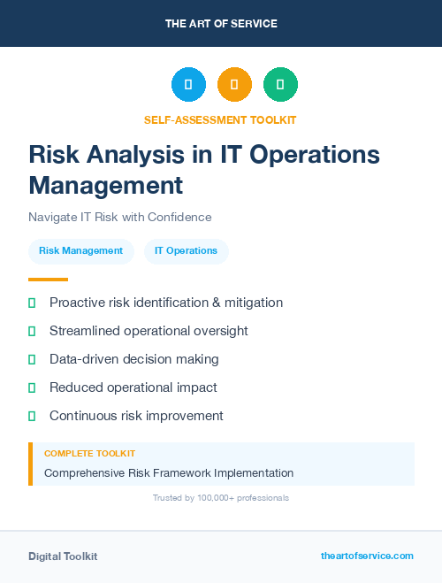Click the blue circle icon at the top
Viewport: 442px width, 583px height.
(x=188, y=85)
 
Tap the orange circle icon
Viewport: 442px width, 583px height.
(x=234, y=85)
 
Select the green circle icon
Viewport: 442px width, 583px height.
(x=280, y=85)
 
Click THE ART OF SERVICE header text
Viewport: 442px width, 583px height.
(x=221, y=24)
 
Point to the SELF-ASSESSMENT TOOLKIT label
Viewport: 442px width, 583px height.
(x=220, y=119)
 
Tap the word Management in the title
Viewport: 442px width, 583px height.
(x=106, y=186)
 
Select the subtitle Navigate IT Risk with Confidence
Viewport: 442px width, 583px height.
(x=120, y=217)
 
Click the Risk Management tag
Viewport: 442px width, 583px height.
(x=81, y=251)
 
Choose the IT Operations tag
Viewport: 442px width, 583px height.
(x=186, y=251)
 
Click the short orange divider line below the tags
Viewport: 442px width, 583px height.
(x=48, y=280)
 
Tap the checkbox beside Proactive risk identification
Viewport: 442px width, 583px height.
(x=32, y=303)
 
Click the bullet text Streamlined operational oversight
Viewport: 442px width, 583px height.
(x=149, y=331)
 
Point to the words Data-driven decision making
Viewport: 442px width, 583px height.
(x=134, y=359)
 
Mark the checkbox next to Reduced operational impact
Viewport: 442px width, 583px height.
(x=32, y=387)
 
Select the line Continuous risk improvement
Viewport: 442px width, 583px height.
(x=136, y=416)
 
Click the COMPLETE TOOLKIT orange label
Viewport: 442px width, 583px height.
(x=89, y=453)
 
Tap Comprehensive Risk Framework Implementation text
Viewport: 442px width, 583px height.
(x=169, y=473)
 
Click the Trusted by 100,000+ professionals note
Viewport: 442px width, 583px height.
(x=221, y=498)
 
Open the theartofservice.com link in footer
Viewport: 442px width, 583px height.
(x=367, y=556)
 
